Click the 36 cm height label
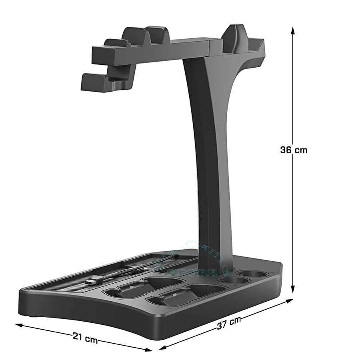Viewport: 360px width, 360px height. click(294, 150)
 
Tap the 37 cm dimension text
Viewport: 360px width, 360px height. click(229, 322)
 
